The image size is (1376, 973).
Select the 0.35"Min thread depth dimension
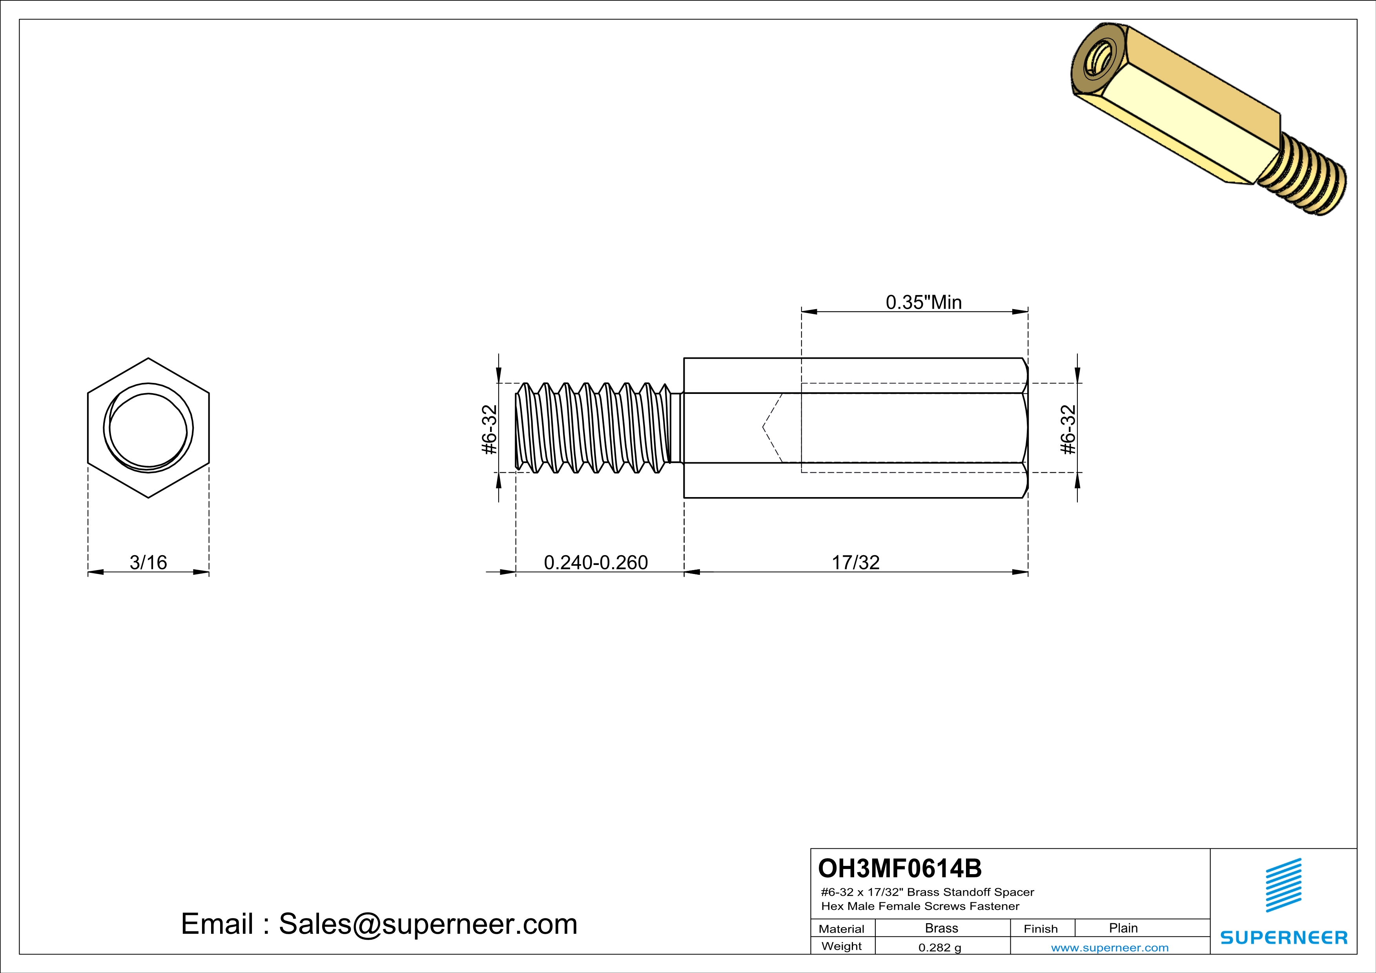(x=924, y=302)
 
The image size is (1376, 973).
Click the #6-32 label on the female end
(x=1068, y=430)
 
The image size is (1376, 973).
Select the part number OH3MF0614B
(x=900, y=868)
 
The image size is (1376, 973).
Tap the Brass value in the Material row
(x=942, y=928)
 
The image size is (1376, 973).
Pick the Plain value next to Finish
(x=1123, y=928)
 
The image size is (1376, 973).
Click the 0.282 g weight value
(x=940, y=947)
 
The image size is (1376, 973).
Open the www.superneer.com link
(x=1109, y=947)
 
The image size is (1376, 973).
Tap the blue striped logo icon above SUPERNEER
(x=1283, y=885)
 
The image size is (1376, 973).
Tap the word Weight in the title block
(x=842, y=946)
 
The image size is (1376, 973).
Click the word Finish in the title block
(x=1041, y=929)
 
